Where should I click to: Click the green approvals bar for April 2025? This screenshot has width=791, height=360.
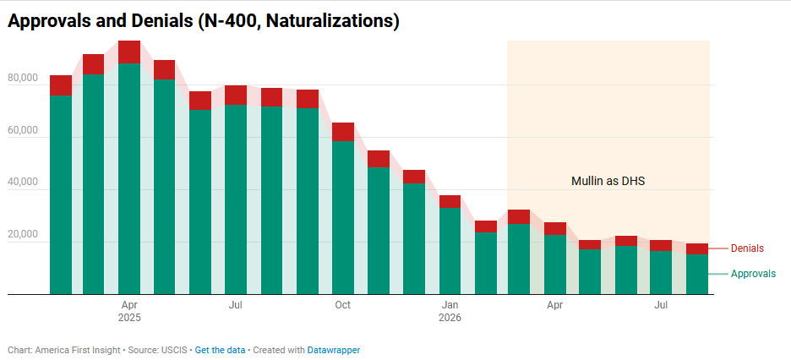pyautogui.click(x=129, y=178)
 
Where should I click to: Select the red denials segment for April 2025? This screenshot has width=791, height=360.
pyautogui.click(x=129, y=52)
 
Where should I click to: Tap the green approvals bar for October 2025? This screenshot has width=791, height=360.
pyautogui.click(x=343, y=217)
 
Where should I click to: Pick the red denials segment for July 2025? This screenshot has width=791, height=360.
pyautogui.click(x=236, y=95)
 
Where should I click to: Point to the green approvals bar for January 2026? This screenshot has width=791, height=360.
pyautogui.click(x=450, y=251)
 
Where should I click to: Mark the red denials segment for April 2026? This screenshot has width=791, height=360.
pyautogui.click(x=555, y=228)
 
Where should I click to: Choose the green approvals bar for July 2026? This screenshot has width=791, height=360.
pyautogui.click(x=661, y=273)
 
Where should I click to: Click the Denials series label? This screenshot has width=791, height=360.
pyautogui.click(x=747, y=248)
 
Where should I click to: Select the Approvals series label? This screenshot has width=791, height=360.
pyautogui.click(x=753, y=274)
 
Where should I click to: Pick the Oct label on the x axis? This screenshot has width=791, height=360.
pyautogui.click(x=343, y=305)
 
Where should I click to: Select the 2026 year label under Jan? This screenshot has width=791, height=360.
pyautogui.click(x=450, y=318)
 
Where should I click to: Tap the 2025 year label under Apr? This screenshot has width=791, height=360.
pyautogui.click(x=129, y=318)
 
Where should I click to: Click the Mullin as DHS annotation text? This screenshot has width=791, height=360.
pyautogui.click(x=608, y=182)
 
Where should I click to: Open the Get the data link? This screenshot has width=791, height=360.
pyautogui.click(x=220, y=350)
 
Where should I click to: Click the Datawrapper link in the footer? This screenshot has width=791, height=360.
pyautogui.click(x=334, y=350)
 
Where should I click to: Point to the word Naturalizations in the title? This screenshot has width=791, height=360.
pyautogui.click(x=327, y=21)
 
